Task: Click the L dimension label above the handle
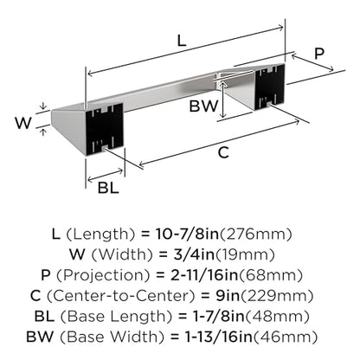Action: tap(182, 41)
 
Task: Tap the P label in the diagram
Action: tap(319, 54)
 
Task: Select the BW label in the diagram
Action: tap(203, 106)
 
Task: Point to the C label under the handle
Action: tap(223, 152)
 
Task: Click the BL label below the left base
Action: tap(108, 188)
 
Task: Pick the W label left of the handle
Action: tap(23, 123)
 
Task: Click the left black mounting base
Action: tap(105, 129)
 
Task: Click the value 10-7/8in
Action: tap(188, 234)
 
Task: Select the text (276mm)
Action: tap(256, 235)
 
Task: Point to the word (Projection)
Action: tap(103, 275)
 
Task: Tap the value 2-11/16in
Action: tap(204, 275)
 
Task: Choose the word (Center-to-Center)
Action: tap(121, 296)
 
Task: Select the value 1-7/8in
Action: tap(218, 317)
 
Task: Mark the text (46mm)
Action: tap(286, 337)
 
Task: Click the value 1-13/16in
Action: tap(219, 337)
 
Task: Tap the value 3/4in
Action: tap(194, 254)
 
